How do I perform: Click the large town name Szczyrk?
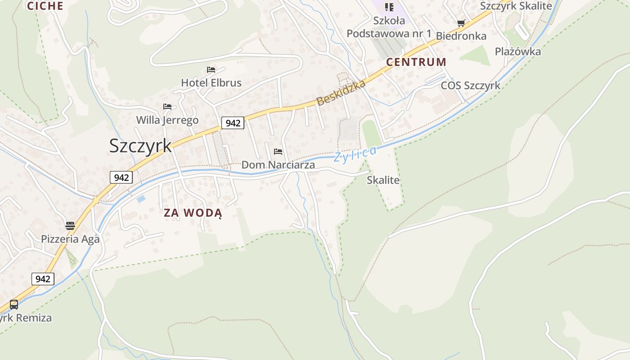[140, 146]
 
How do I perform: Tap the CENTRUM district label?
[416, 62]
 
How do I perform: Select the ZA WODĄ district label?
[193, 213]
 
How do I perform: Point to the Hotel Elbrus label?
[211, 83]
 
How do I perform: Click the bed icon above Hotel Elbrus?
[211, 70]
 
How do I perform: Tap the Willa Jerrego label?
[167, 120]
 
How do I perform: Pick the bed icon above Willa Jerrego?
[167, 107]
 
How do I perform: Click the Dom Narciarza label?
[278, 165]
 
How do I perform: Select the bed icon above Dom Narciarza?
[278, 152]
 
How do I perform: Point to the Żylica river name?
[355, 155]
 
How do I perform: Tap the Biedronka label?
[461, 36]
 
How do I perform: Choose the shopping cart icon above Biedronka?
[461, 23]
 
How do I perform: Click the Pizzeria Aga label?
[70, 239]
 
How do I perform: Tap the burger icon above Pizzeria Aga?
[70, 225]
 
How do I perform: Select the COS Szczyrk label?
[470, 85]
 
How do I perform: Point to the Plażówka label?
[517, 51]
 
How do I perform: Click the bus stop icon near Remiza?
[14, 305]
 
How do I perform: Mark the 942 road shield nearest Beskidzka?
[233, 122]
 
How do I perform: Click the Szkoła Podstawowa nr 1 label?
[389, 27]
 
